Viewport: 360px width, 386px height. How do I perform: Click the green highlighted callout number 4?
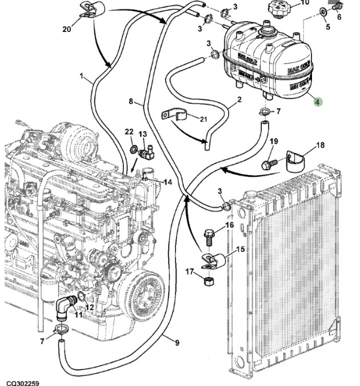click(318, 102)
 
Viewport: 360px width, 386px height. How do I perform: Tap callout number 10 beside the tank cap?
click(305, 3)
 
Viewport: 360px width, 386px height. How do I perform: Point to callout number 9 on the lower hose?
click(176, 343)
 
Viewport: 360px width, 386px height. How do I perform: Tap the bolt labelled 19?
click(268, 164)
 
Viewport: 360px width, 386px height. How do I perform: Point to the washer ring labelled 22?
click(133, 150)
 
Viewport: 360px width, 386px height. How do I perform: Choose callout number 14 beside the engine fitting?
click(167, 182)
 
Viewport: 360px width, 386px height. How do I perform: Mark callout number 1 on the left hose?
click(82, 76)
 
